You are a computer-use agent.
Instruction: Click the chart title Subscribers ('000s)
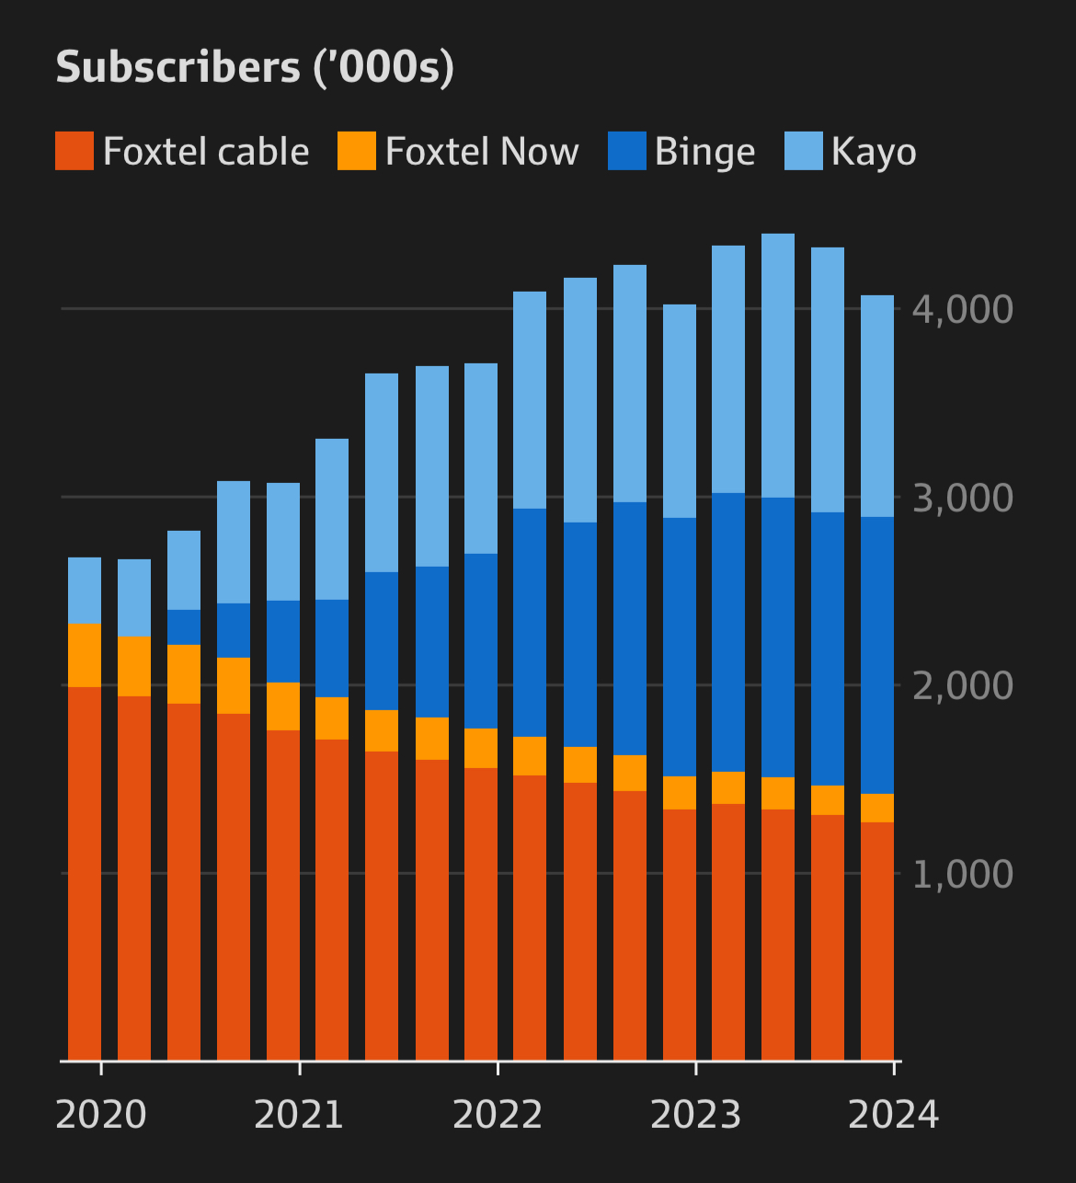pyautogui.click(x=255, y=68)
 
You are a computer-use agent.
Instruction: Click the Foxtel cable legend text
pyautogui.click(x=206, y=152)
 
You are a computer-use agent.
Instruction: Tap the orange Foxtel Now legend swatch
pyautogui.click(x=357, y=152)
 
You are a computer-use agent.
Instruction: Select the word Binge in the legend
pyautogui.click(x=704, y=152)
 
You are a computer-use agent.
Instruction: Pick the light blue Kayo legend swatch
pyautogui.click(x=803, y=152)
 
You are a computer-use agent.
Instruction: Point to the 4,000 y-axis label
pyautogui.click(x=962, y=310)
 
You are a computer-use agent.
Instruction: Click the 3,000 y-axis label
pyautogui.click(x=962, y=499)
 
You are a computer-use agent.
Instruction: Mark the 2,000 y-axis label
pyautogui.click(x=962, y=686)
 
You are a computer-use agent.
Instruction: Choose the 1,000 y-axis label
pyautogui.click(x=962, y=875)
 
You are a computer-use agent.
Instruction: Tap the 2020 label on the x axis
pyautogui.click(x=101, y=1115)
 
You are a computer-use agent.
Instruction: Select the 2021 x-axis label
pyautogui.click(x=299, y=1115)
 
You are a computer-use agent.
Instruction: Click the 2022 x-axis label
pyautogui.click(x=498, y=1115)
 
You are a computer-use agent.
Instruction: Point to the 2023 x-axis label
pyautogui.click(x=695, y=1115)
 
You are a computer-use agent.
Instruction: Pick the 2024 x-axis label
pyautogui.click(x=893, y=1115)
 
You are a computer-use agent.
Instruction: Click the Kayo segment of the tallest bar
pyautogui.click(x=778, y=365)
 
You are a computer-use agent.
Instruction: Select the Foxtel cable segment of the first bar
pyautogui.click(x=85, y=874)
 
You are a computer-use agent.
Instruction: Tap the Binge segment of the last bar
pyautogui.click(x=877, y=655)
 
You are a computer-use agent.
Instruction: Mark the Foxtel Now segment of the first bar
pyautogui.click(x=85, y=655)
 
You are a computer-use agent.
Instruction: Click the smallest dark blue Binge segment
pyautogui.click(x=184, y=627)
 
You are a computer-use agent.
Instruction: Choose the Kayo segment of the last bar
pyautogui.click(x=877, y=406)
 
